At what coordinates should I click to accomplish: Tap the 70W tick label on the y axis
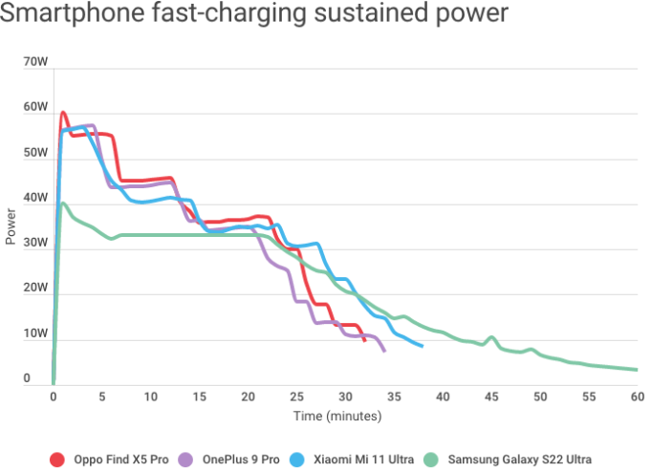[35, 62]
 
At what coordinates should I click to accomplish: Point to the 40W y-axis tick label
[35, 198]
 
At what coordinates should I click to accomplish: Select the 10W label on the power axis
[35, 333]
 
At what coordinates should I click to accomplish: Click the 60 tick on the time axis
[637, 397]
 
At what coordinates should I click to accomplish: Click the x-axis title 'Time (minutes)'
[337, 417]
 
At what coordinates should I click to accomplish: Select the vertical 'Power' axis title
[11, 225]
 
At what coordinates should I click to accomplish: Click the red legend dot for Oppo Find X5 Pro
[58, 460]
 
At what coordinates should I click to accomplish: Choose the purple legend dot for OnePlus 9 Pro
[186, 460]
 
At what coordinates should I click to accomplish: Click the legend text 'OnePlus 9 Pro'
[241, 460]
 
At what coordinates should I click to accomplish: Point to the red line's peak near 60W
[63, 113]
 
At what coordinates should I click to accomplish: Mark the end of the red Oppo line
[364, 340]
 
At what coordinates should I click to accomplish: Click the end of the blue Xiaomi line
[422, 346]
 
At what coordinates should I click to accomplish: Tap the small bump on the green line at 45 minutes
[491, 337]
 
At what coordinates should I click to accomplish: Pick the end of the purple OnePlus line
[384, 351]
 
